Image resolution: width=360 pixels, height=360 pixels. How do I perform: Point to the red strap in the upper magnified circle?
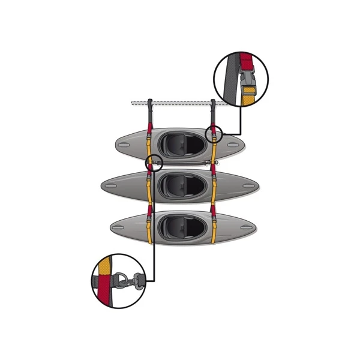pos(245,62)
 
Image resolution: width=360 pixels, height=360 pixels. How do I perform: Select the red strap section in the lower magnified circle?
pos(107,291)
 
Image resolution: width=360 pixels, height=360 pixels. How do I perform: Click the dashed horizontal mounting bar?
pos(180,103)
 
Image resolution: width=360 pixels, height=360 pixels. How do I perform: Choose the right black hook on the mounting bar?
pos(214,107)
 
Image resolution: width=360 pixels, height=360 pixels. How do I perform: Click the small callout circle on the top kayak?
pos(214,134)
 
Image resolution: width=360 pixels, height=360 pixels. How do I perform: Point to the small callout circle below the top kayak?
pos(154,162)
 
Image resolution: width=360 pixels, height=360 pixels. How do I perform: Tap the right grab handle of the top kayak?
pos(233,144)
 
